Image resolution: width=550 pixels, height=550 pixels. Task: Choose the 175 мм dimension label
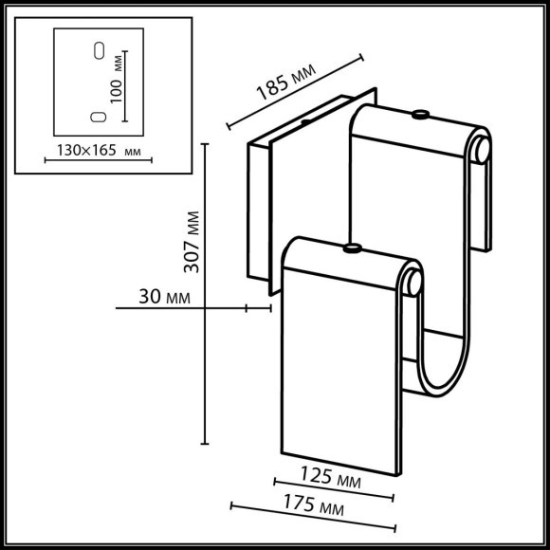[312, 510]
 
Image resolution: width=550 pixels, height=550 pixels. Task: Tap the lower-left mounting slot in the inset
[95, 117]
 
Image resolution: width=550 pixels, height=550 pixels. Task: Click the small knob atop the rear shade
[417, 116]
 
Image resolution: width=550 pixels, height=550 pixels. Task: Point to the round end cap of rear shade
[483, 147]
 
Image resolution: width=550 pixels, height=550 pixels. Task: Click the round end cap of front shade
[413, 282]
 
